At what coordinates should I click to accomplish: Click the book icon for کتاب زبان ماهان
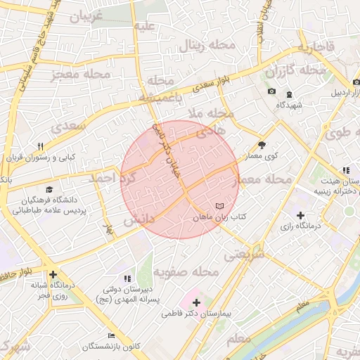pyautogui.click(x=221, y=205)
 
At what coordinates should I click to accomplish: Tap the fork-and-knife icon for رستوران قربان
pyautogui.click(x=40, y=146)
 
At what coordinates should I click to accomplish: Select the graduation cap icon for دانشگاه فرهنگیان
pyautogui.click(x=49, y=189)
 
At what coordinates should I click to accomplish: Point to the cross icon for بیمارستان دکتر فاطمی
pyautogui.click(x=195, y=303)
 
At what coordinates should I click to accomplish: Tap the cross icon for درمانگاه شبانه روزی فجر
pyautogui.click(x=53, y=274)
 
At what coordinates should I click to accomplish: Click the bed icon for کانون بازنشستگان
pyautogui.click(x=110, y=335)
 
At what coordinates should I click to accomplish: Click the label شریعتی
pyautogui.click(x=243, y=256)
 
